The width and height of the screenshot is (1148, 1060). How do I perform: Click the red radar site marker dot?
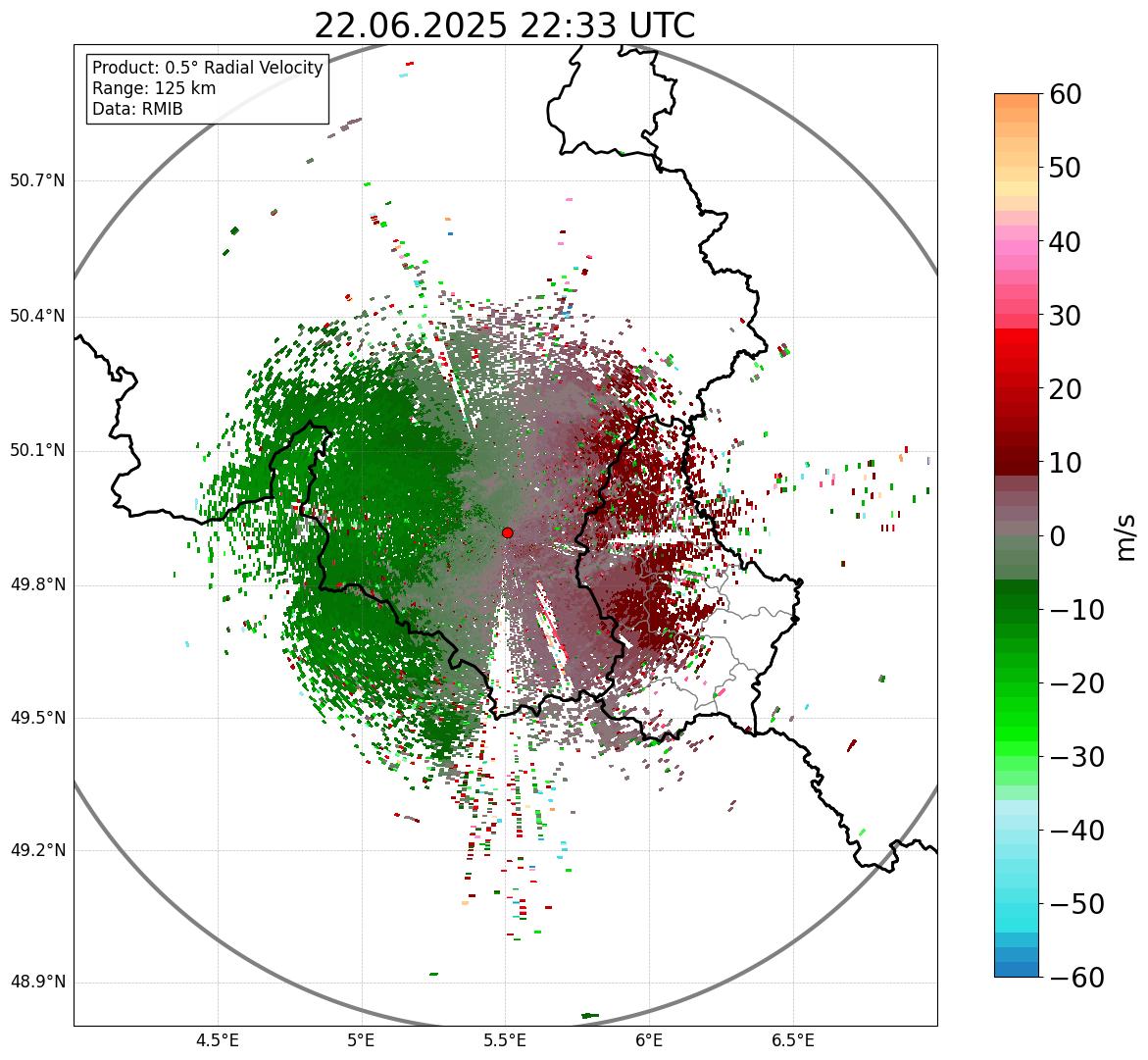507,532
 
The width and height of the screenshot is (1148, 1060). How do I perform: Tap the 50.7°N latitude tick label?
36,181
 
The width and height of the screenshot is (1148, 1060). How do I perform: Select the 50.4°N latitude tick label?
36,316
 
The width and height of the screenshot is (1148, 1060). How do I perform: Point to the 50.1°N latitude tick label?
36,451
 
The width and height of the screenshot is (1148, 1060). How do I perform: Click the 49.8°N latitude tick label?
36,585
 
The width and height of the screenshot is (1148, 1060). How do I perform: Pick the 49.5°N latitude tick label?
36,718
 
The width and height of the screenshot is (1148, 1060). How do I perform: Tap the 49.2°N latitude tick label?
36,850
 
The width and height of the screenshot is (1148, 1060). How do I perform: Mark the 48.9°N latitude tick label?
36,983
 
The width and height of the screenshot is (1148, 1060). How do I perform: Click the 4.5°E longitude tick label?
218,1040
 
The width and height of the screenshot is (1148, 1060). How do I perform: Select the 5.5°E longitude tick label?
505,1040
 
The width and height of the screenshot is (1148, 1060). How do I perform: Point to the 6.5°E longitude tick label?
792,1040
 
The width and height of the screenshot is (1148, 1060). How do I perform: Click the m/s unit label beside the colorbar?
1126,535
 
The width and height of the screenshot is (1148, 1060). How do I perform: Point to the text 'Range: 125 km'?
154,88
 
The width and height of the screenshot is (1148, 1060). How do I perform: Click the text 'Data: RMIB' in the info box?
137,109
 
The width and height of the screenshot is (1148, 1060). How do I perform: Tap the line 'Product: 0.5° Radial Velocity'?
207,68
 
